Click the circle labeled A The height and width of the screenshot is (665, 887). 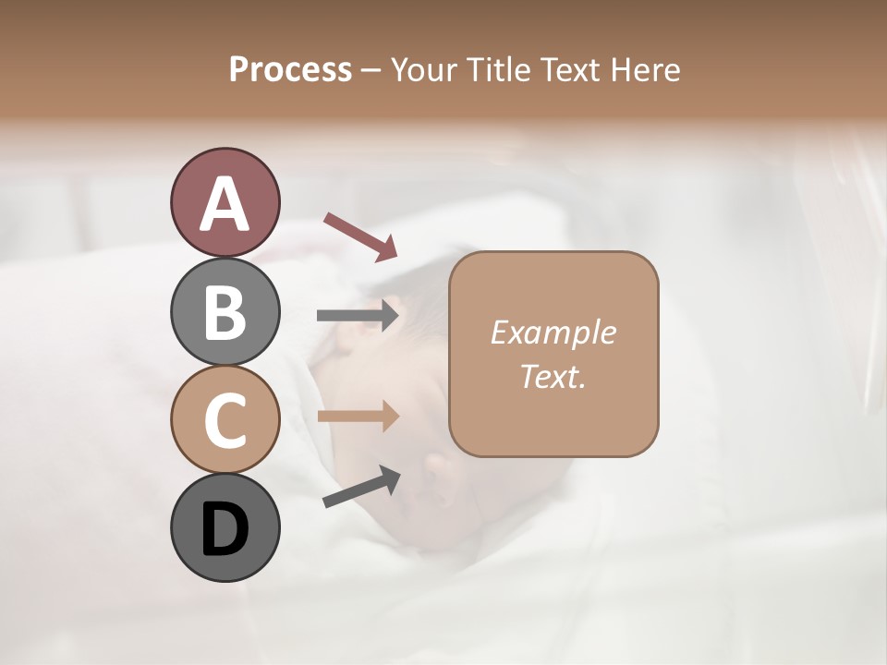(225, 203)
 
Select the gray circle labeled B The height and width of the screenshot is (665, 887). (225, 312)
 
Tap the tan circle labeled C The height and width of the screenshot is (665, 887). (225, 419)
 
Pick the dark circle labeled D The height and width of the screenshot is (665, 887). (225, 527)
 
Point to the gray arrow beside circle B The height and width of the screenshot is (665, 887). (358, 316)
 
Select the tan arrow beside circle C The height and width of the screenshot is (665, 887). (358, 417)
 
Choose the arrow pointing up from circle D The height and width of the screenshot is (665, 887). (361, 487)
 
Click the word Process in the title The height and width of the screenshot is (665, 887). (290, 69)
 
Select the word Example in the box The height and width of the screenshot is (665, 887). (553, 332)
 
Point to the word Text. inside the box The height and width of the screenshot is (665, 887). (553, 376)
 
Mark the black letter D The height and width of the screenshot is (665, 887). (225, 529)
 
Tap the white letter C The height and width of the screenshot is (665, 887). (225, 420)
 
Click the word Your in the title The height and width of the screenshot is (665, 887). (421, 69)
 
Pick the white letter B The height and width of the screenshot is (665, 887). (225, 313)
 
